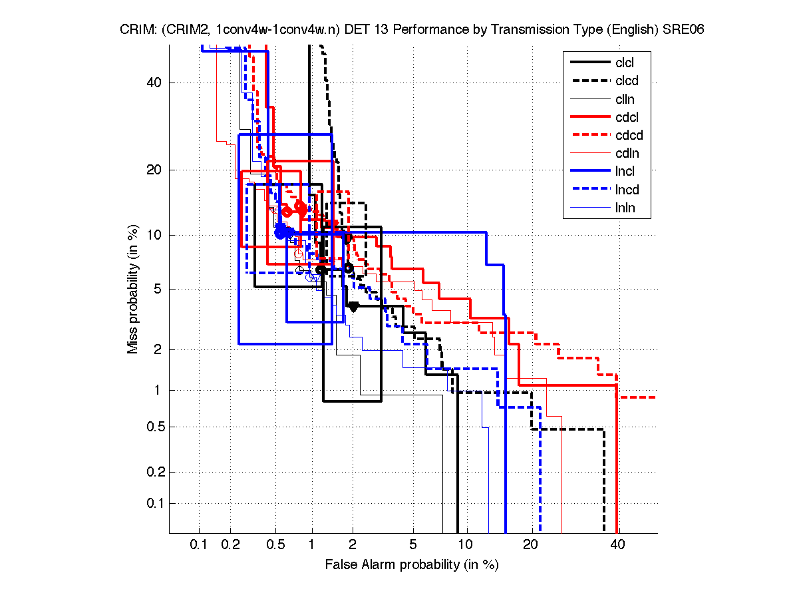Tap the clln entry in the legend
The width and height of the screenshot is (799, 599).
[625, 99]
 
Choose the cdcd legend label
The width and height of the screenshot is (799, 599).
[629, 136]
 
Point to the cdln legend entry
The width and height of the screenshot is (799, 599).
[627, 154]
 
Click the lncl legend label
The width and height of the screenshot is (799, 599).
[625, 172]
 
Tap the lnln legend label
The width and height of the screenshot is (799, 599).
[625, 208]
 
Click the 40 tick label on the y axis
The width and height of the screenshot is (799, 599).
[154, 83]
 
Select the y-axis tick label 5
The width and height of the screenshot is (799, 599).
[158, 289]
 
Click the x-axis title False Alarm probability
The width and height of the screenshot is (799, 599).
[411, 565]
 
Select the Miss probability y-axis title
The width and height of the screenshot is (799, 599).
[133, 290]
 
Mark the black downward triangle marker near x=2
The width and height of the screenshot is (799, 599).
[353, 306]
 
